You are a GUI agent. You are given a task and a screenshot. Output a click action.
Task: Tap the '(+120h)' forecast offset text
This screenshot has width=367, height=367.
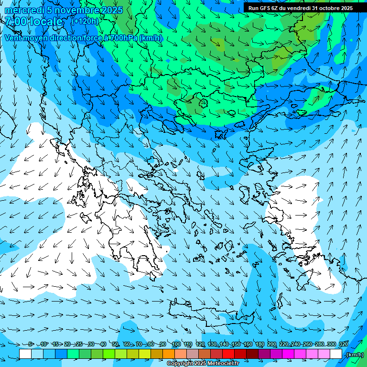(85, 21)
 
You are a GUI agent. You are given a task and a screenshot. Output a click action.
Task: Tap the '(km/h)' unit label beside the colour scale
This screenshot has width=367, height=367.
(354, 354)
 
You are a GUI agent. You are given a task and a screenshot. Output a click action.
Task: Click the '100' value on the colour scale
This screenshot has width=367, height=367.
(176, 344)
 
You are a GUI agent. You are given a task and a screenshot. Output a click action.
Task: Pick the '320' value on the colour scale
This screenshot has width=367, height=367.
(343, 344)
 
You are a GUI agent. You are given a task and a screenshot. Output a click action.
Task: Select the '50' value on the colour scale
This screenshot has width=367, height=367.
(115, 344)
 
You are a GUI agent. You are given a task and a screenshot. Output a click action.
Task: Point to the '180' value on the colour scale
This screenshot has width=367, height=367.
(259, 344)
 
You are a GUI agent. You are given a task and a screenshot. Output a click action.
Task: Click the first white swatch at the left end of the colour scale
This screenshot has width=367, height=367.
(25, 354)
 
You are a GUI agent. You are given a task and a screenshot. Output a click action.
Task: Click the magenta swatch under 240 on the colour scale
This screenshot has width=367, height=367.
(300, 354)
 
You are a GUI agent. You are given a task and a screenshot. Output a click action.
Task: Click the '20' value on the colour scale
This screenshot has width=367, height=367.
(67, 344)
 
